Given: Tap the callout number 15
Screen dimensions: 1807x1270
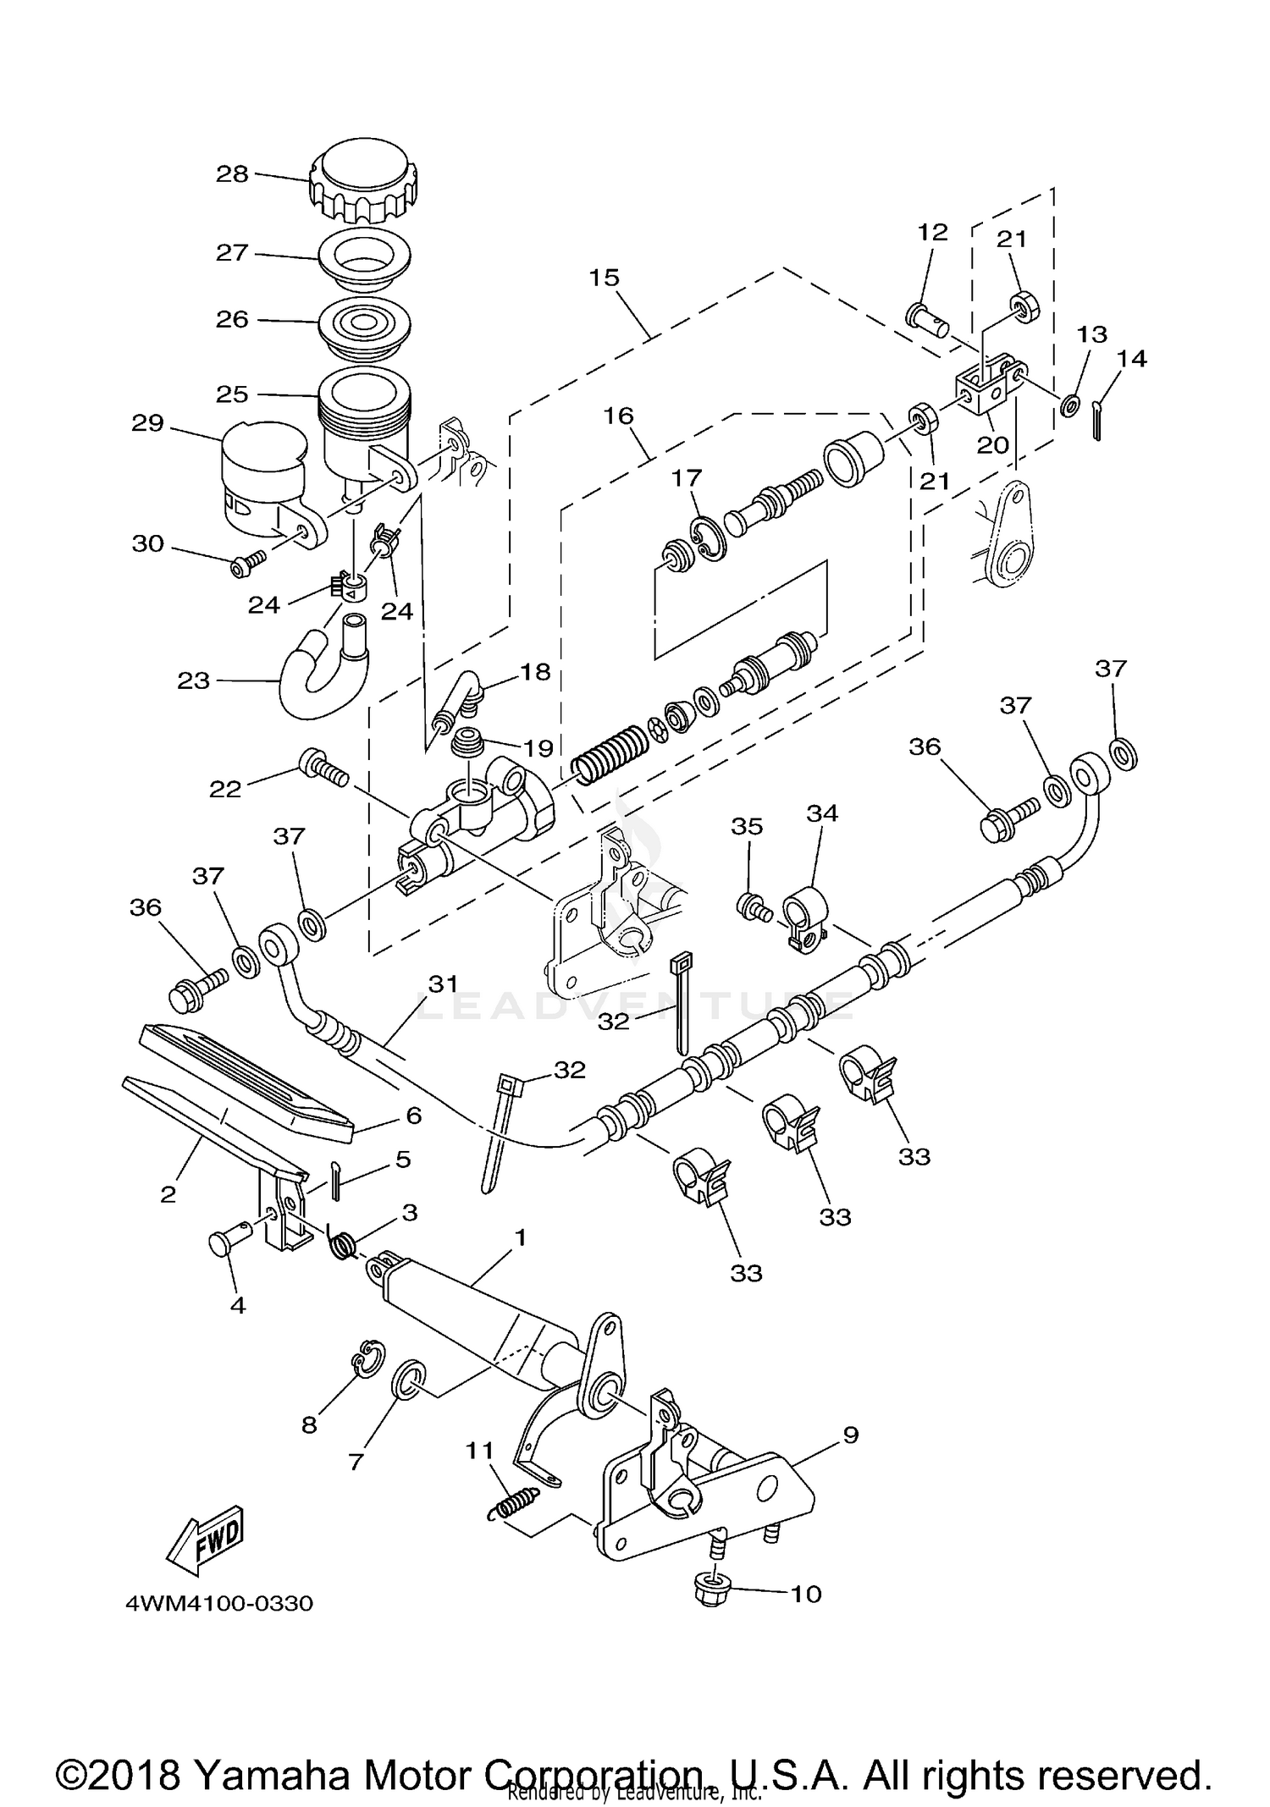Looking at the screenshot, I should click(605, 278).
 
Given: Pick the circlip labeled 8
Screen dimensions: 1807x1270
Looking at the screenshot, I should click(367, 1358).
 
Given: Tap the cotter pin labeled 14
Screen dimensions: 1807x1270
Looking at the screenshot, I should click(1096, 421).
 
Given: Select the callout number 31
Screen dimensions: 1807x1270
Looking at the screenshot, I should click(442, 983).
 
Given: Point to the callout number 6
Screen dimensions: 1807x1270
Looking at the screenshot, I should click(413, 1116).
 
